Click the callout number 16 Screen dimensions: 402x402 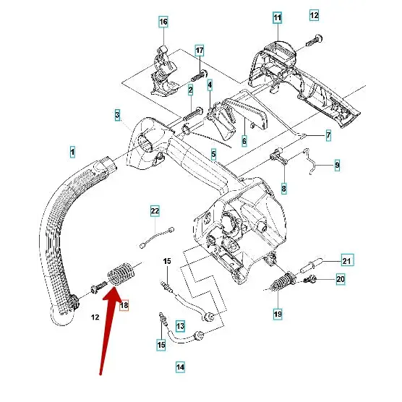[163, 22]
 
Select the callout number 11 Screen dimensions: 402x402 [278, 16]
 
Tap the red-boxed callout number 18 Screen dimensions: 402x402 [124, 306]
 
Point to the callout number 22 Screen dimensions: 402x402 [155, 210]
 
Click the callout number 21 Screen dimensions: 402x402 [346, 261]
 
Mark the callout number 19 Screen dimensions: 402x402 [278, 314]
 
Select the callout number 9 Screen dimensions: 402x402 [337, 165]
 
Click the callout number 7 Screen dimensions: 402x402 [328, 135]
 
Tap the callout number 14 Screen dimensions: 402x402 [180, 367]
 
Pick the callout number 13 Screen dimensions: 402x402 [180, 326]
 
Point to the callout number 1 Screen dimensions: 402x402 [72, 152]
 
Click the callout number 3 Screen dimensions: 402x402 [117, 115]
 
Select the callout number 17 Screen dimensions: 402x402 [200, 50]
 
